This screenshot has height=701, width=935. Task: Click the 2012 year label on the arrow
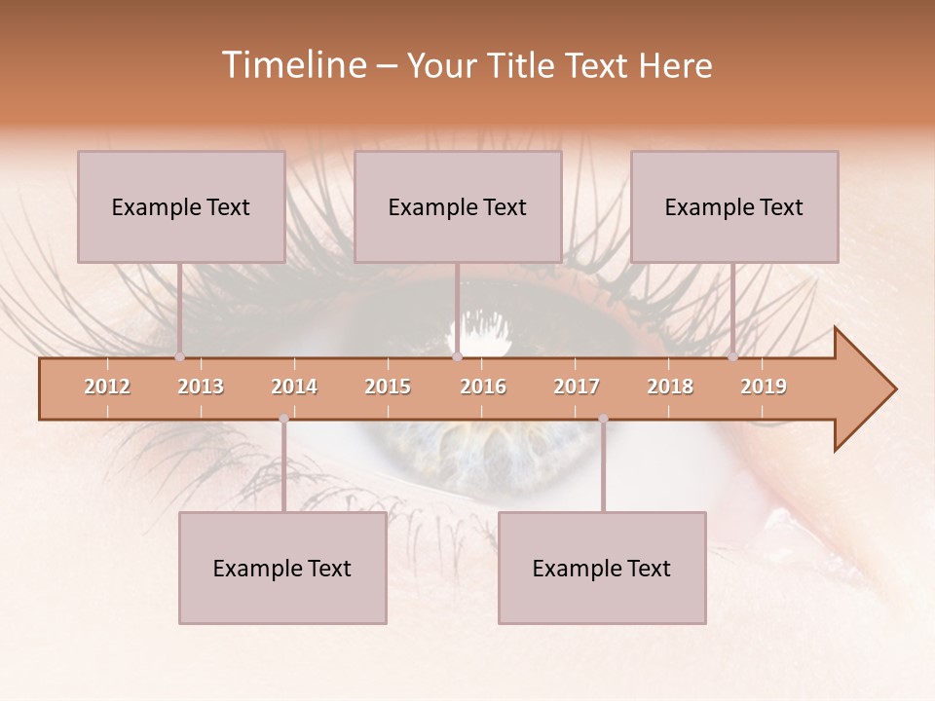pyautogui.click(x=107, y=387)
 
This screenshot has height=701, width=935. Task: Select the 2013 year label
pyautogui.click(x=201, y=387)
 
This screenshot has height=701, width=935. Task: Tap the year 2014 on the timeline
pyautogui.click(x=294, y=387)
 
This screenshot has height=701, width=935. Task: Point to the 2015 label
pyautogui.click(x=388, y=387)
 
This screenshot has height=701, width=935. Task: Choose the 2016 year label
pyautogui.click(x=483, y=387)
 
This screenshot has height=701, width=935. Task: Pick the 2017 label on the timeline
pyautogui.click(x=577, y=387)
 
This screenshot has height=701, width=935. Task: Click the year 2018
pyautogui.click(x=670, y=387)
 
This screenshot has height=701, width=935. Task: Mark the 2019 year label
pyautogui.click(x=764, y=387)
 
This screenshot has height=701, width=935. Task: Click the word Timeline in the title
pyautogui.click(x=292, y=65)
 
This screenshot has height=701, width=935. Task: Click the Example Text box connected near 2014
pyautogui.click(x=282, y=569)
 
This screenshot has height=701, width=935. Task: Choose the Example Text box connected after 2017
pyautogui.click(x=602, y=569)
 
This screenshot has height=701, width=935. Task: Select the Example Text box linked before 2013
pyautogui.click(x=181, y=206)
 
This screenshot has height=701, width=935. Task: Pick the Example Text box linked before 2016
pyautogui.click(x=458, y=206)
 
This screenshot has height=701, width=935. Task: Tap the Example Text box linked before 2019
pyautogui.click(x=734, y=206)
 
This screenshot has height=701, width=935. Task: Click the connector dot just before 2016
pyautogui.click(x=457, y=356)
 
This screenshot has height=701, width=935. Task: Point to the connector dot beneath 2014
pyautogui.click(x=283, y=419)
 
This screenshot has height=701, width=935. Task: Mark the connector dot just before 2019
pyautogui.click(x=732, y=356)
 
